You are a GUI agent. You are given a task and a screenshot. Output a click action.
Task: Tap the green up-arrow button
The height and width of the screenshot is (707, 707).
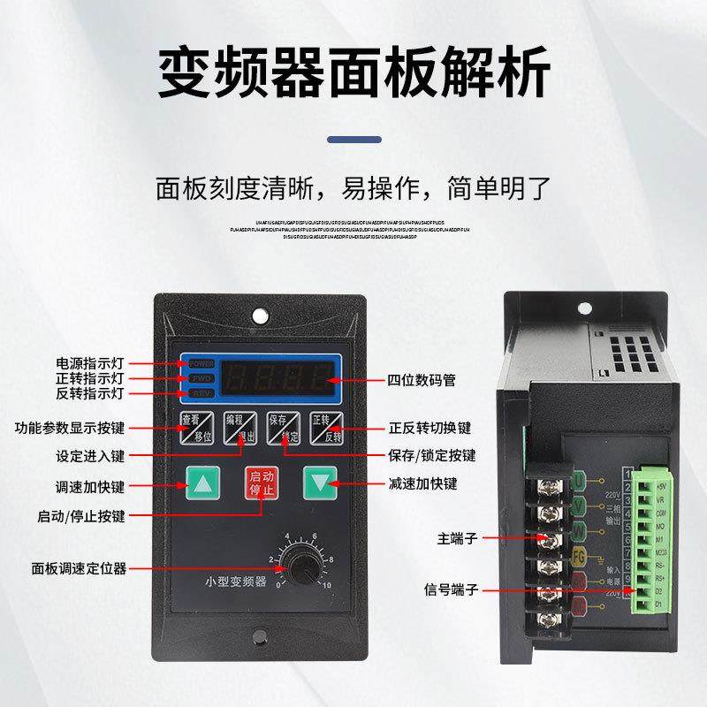201,483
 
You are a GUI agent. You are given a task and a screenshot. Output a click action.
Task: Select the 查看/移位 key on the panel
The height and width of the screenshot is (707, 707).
196,428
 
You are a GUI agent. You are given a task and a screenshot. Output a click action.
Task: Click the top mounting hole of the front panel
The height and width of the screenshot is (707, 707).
259,315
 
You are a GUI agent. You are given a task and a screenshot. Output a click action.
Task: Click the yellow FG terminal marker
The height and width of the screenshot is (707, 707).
579,556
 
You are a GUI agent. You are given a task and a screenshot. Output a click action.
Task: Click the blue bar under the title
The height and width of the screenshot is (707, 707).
353,139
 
